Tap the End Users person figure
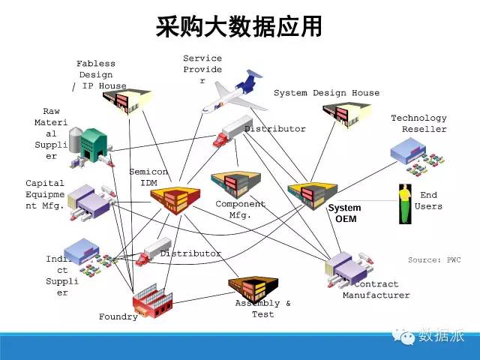click(x=405, y=202)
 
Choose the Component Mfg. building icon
click(x=235, y=183)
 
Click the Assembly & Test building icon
click(x=253, y=286)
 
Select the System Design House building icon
click(x=346, y=113)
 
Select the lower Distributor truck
click(x=154, y=250)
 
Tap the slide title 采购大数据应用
click(x=239, y=26)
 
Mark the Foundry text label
click(x=118, y=317)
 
